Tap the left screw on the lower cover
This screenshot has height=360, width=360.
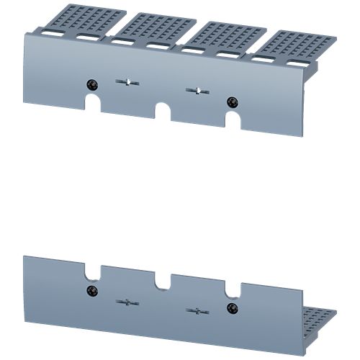[91, 290]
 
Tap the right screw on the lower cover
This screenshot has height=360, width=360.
[231, 310]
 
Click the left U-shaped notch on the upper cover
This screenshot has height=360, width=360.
[93, 104]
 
